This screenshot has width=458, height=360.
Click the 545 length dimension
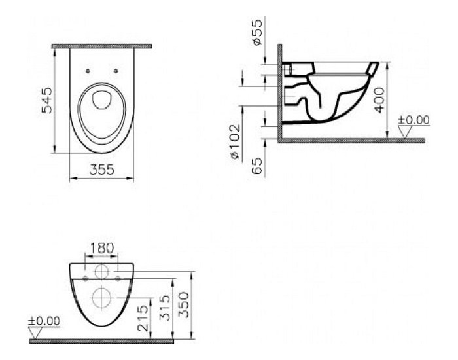(46, 100)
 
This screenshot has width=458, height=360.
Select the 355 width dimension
(102, 170)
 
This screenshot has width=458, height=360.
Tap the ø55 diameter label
(257, 32)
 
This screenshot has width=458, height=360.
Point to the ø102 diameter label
(235, 142)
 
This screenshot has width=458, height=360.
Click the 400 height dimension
(379, 100)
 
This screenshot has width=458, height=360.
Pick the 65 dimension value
(257, 166)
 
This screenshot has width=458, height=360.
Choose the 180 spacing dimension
(101, 248)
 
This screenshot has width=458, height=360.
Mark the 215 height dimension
(143, 318)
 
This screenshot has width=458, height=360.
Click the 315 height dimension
(165, 308)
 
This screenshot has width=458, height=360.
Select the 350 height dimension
(184, 305)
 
